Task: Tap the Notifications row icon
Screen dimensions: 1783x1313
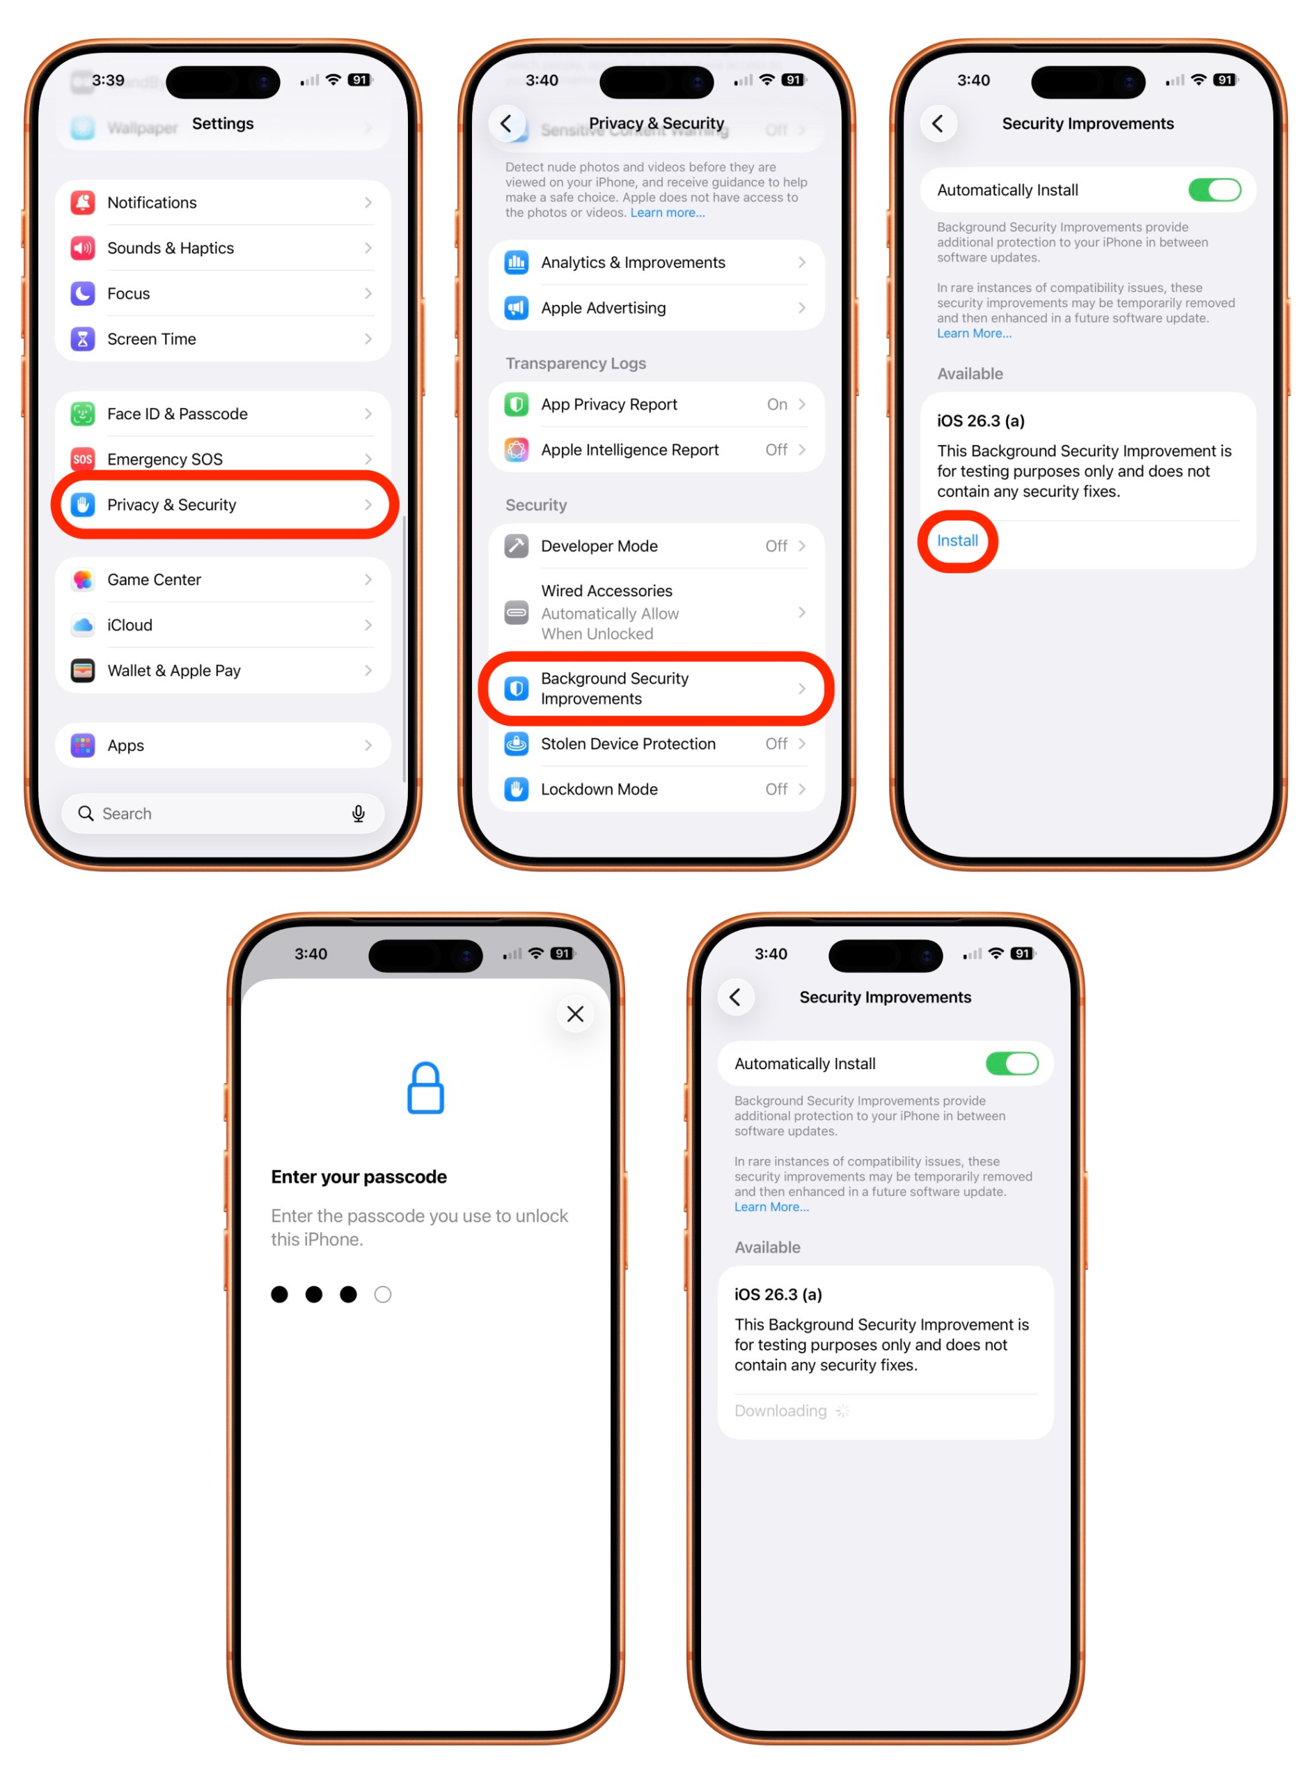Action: [x=83, y=203]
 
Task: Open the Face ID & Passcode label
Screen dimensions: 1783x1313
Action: [x=178, y=414]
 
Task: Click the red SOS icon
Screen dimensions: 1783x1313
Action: [x=83, y=460]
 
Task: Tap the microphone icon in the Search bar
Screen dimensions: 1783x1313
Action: [x=359, y=814]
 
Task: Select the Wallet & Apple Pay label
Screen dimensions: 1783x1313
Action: [x=174, y=671]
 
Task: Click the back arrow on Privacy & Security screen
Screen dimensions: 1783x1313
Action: [x=506, y=123]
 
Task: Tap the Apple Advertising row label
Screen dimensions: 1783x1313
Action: [x=604, y=309]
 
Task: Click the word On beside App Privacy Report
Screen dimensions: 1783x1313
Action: [x=776, y=405]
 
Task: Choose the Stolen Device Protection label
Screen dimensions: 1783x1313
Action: [x=628, y=744]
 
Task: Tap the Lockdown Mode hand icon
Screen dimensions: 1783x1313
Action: [x=517, y=789]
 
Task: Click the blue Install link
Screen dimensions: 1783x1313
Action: [x=957, y=541]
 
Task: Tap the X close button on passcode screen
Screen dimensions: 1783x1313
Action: [x=576, y=1014]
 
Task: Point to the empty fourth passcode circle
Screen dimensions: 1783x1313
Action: [x=383, y=1295]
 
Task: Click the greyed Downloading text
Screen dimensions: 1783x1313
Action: [x=780, y=1411]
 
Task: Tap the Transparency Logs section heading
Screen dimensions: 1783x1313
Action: [x=576, y=364]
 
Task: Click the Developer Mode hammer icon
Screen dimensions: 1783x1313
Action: [x=517, y=547]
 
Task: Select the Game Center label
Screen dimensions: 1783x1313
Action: [x=154, y=580]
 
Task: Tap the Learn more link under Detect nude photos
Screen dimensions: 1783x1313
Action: [x=667, y=213]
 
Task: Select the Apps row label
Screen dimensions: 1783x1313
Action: [x=125, y=746]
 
